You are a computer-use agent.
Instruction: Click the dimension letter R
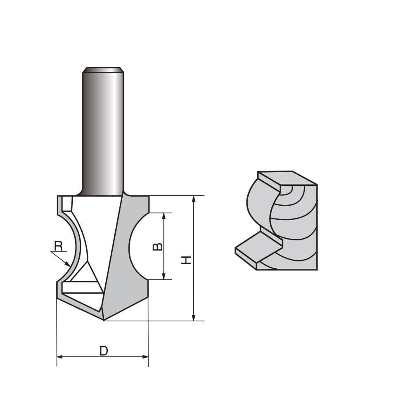pyautogui.click(x=58, y=246)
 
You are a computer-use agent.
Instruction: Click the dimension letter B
pyautogui.click(x=158, y=247)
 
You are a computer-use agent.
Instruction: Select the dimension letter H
pyautogui.click(x=187, y=260)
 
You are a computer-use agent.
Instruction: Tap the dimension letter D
pyautogui.click(x=104, y=351)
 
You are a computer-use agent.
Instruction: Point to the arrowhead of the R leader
pyautogui.click(x=68, y=264)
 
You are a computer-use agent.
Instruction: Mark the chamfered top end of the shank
pyautogui.click(x=103, y=69)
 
